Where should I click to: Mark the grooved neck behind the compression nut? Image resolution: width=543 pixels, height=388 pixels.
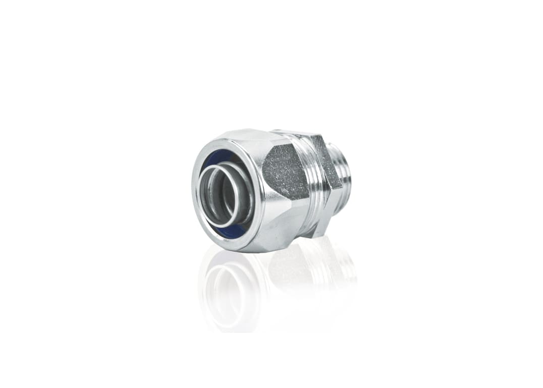click(x=313, y=192)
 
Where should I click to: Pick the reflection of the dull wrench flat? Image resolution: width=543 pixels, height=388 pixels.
click(x=288, y=272)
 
